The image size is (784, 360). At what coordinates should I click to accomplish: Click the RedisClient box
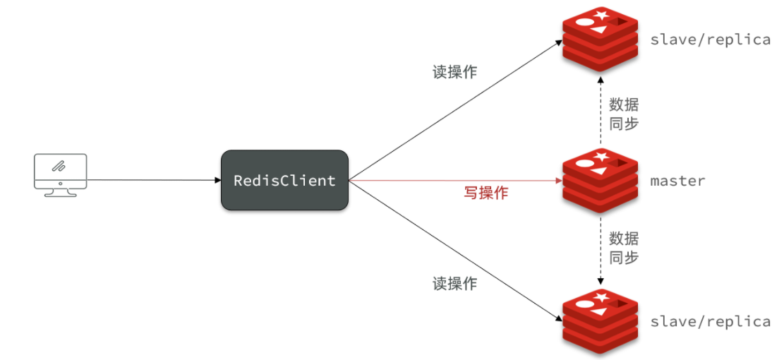pyautogui.click(x=284, y=180)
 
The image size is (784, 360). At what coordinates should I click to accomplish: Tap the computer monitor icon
pyautogui.click(x=61, y=175)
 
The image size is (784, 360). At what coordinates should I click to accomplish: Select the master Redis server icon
pyautogui.click(x=600, y=181)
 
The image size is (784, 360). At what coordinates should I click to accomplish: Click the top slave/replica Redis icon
pyautogui.click(x=600, y=40)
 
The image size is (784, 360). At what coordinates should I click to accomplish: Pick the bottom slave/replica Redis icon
pyautogui.click(x=600, y=321)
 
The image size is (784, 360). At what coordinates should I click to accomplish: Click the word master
pyautogui.click(x=677, y=181)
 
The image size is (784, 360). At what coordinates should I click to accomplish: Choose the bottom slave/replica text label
pyautogui.click(x=710, y=321)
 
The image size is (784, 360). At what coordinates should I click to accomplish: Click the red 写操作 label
pyautogui.click(x=486, y=193)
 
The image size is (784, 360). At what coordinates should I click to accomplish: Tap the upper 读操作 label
pyautogui.click(x=454, y=71)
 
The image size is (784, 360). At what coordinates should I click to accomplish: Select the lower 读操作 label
pyautogui.click(x=454, y=284)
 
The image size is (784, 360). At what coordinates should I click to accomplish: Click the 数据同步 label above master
pyautogui.click(x=624, y=114)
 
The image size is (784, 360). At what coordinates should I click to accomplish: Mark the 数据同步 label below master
pyautogui.click(x=624, y=247)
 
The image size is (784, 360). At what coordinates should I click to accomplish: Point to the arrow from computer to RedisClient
pyautogui.click(x=154, y=180)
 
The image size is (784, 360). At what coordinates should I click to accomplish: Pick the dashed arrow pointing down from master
pyautogui.click(x=601, y=251)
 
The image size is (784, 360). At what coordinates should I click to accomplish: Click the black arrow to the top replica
pyautogui.click(x=456, y=110)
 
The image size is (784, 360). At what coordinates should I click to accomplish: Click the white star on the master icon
pyautogui.click(x=602, y=157)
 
